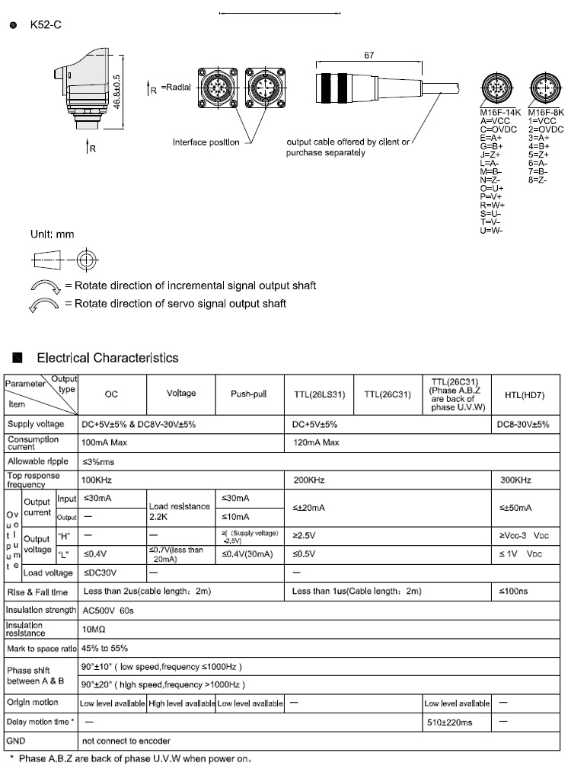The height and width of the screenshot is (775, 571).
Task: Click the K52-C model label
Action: click(46, 26)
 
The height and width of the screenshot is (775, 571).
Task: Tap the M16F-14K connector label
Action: click(500, 110)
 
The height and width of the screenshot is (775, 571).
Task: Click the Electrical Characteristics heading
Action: click(107, 358)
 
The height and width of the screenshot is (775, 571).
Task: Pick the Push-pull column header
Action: click(250, 393)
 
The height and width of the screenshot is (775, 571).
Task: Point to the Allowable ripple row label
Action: click(38, 461)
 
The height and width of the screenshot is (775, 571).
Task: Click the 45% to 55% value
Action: click(104, 649)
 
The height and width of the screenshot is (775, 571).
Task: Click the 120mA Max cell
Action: click(317, 442)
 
